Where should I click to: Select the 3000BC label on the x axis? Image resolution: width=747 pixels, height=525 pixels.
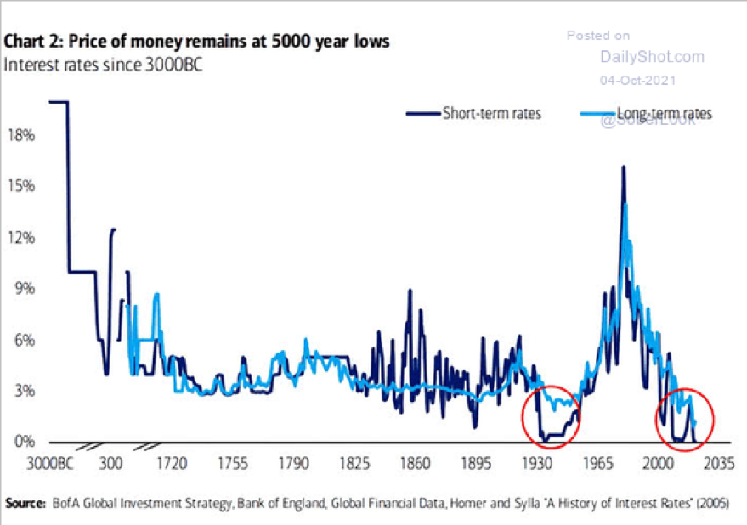pyautogui.click(x=50, y=466)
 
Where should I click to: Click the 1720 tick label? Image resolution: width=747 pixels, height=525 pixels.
pyautogui.click(x=171, y=466)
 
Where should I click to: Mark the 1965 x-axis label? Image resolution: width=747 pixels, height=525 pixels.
pyautogui.click(x=598, y=466)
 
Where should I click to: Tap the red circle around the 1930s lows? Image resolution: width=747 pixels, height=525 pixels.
pyautogui.click(x=552, y=417)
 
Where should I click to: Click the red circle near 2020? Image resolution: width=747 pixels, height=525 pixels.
pyautogui.click(x=685, y=417)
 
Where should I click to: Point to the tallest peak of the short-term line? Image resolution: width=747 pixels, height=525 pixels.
pyautogui.click(x=624, y=167)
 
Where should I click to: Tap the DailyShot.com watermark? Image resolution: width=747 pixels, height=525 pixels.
pyautogui.click(x=652, y=57)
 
